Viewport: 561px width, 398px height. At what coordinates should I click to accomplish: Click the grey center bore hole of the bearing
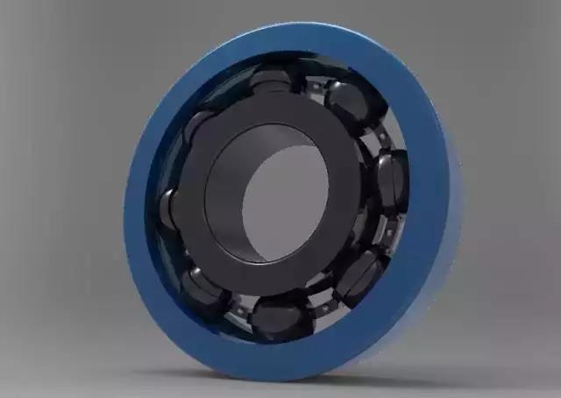285,202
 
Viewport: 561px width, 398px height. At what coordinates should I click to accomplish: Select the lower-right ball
361,274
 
